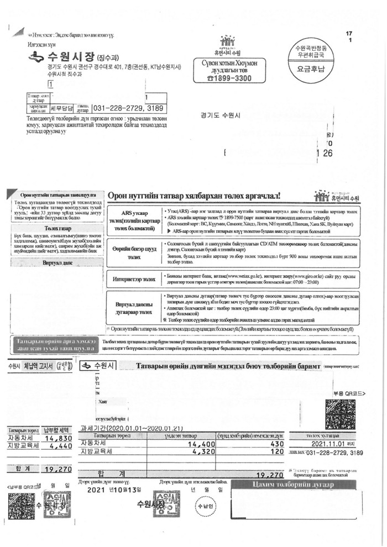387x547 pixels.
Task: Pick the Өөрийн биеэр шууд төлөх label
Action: coord(135,253)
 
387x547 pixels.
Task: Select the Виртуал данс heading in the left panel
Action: coord(58,264)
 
